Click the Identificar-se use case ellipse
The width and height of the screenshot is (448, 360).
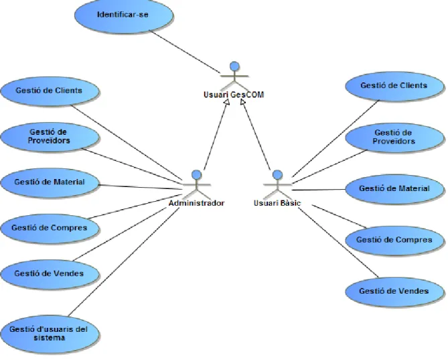point(124,15)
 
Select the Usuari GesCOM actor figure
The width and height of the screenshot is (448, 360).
point(234,76)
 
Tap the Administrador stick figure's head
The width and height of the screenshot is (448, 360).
point(197,175)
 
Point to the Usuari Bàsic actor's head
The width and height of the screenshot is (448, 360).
point(277,175)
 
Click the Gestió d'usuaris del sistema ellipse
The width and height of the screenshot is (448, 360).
point(50,335)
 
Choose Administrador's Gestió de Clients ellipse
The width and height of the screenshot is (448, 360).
point(50,91)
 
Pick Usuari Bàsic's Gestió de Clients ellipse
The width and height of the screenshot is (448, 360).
point(394,86)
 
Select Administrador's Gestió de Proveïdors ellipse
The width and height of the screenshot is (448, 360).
point(50,137)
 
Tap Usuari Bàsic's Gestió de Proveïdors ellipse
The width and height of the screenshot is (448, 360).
point(394,137)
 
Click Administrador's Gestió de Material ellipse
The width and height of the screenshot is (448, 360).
point(50,182)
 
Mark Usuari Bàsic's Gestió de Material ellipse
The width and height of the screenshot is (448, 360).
point(394,189)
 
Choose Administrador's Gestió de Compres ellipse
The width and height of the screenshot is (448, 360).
point(50,228)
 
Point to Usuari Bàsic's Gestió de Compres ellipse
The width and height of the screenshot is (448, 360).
point(394,240)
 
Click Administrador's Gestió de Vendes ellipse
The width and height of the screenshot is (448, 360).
point(50,274)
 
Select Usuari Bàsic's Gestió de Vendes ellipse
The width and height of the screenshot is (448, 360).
point(394,292)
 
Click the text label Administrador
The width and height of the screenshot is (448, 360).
point(197,203)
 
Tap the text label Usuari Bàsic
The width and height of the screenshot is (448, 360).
point(277,203)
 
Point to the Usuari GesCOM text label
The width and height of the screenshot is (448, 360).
point(234,95)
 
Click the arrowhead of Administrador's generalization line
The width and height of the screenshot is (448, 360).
point(227,102)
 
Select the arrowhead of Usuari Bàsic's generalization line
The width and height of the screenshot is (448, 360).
point(242,102)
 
